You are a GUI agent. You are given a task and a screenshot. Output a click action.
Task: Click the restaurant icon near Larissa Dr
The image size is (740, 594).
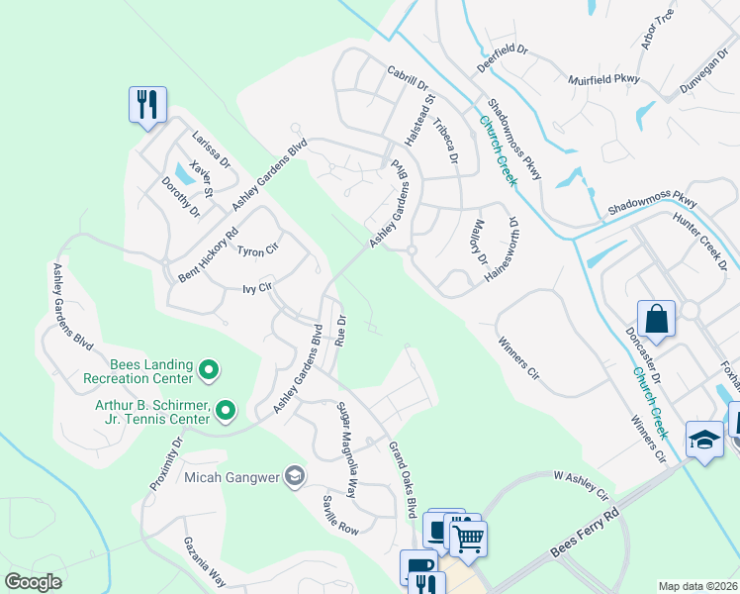147,103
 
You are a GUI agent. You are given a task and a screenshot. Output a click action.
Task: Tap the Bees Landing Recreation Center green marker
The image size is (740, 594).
209,371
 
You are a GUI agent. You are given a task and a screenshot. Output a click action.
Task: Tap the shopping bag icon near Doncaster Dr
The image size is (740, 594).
656,319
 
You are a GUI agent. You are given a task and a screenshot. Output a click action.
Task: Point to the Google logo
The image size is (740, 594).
34,582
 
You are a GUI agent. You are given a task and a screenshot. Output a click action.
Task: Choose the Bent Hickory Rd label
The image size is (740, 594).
208,253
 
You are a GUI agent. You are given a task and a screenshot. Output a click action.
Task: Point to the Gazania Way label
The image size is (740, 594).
204,561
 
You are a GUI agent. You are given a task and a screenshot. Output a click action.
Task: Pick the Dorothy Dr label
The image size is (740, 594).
182,196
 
